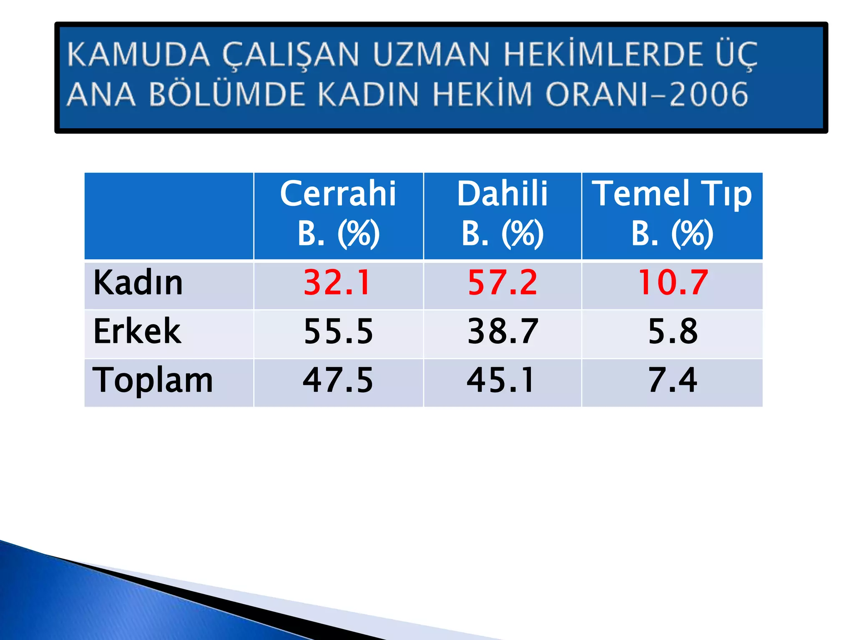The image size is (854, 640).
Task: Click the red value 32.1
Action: (337, 282)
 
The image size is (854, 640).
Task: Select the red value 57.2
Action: (502, 282)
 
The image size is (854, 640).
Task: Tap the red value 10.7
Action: (673, 282)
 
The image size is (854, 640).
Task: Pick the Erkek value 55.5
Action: (338, 331)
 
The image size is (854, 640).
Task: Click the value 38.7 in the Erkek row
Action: (503, 331)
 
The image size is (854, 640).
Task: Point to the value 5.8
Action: (673, 331)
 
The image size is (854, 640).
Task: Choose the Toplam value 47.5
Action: (338, 380)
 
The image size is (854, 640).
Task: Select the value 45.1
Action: (500, 380)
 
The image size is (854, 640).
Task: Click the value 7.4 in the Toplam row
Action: (672, 380)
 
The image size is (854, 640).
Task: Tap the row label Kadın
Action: (138, 282)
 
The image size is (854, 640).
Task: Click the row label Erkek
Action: (137, 331)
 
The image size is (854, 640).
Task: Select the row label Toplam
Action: (153, 380)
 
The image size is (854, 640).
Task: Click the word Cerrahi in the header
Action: (338, 194)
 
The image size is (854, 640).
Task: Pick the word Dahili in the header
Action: (502, 194)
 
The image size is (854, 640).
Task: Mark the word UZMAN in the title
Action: (432, 55)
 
